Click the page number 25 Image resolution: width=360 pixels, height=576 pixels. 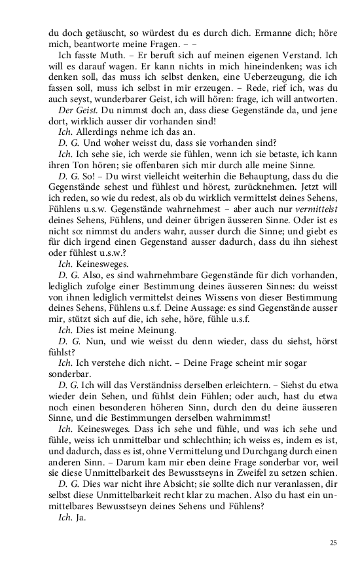(334, 543)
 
